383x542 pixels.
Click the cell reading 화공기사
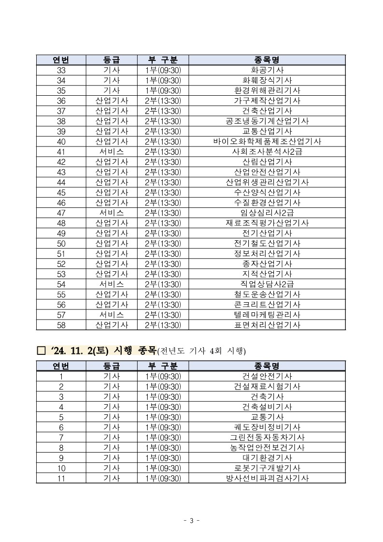click(267, 70)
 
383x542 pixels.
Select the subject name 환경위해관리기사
click(267, 90)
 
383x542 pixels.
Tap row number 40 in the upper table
click(61, 142)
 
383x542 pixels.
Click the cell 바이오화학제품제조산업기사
click(267, 142)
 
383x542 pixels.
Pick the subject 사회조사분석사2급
click(267, 152)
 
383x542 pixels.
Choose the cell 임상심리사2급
click(267, 213)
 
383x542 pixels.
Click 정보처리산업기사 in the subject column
click(267, 253)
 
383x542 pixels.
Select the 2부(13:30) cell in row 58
click(162, 325)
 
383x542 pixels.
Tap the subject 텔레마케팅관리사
click(267, 315)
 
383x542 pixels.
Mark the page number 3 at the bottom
click(191, 521)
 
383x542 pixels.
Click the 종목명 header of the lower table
click(267, 366)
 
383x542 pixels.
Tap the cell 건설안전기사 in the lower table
click(267, 376)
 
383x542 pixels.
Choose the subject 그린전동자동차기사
click(267, 438)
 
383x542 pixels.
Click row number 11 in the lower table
click(61, 478)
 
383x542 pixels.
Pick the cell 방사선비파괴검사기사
click(267, 478)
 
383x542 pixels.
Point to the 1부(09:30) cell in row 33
click(162, 70)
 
